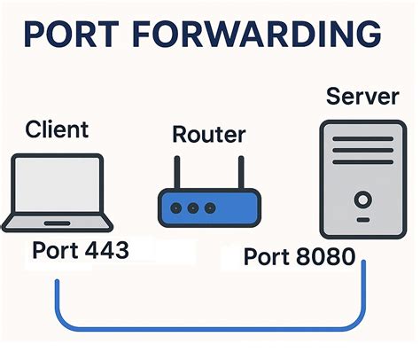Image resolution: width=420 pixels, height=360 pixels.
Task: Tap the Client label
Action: tap(57, 129)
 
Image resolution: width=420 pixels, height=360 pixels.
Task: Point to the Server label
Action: tap(361, 95)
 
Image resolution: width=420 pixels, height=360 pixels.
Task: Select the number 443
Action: tap(102, 251)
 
